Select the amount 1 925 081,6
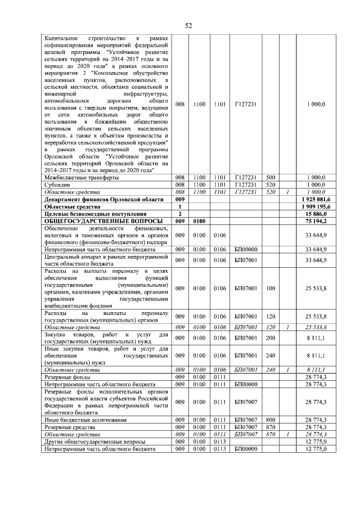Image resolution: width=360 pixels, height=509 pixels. (x=316, y=199)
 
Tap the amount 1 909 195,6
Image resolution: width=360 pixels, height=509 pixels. (x=316, y=206)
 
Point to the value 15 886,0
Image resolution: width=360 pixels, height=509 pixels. (x=319, y=214)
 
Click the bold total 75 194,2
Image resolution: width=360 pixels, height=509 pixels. (x=319, y=221)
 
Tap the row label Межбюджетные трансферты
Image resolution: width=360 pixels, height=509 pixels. (x=81, y=177)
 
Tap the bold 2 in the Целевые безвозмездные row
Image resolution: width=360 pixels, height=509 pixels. (x=180, y=214)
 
